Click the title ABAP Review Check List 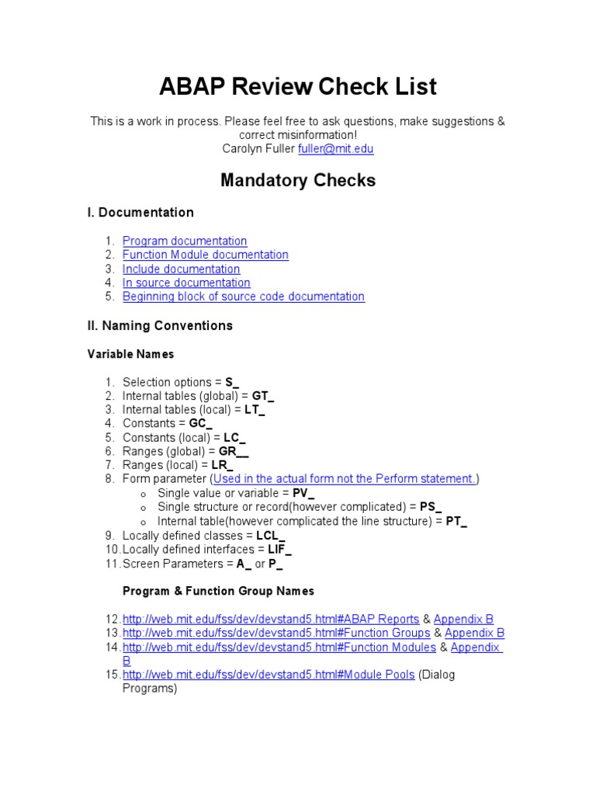[x=298, y=86]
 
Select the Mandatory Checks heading [x=298, y=180]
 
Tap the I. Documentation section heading [x=140, y=213]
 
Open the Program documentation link [x=185, y=241]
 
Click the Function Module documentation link [x=205, y=255]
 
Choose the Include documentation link [x=181, y=269]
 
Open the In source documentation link [x=186, y=283]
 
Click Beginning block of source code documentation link [x=243, y=297]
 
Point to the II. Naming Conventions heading [x=160, y=326]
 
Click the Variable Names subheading [x=130, y=355]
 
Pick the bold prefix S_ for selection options [x=232, y=383]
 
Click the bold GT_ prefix [x=263, y=396]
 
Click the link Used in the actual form [x=345, y=479]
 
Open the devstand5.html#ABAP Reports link [x=270, y=620]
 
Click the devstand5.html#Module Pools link [x=269, y=675]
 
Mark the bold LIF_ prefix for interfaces [x=279, y=550]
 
